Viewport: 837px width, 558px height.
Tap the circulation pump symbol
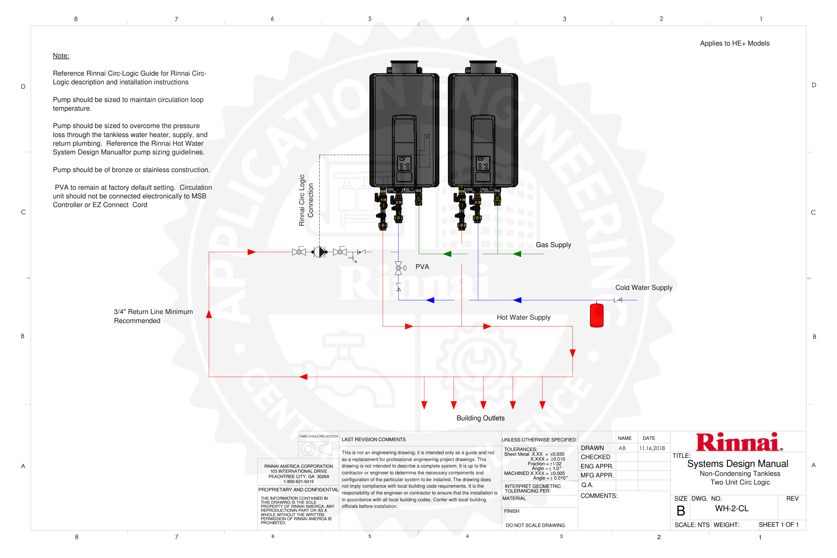tap(320, 252)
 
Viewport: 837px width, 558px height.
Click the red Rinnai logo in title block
tap(739, 442)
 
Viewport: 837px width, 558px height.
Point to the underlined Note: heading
tap(61, 56)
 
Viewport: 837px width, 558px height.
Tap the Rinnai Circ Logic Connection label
tap(306, 200)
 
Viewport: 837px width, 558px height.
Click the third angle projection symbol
tap(317, 449)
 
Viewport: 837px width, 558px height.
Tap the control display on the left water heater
tap(404, 164)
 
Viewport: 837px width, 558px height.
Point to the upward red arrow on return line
tap(209, 313)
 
